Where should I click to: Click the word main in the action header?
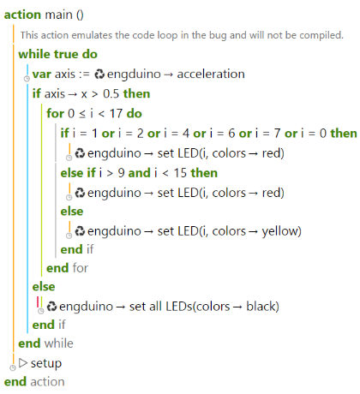tap(59, 15)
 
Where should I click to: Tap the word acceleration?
tap(211, 74)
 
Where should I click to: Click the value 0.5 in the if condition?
tap(111, 93)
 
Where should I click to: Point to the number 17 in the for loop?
tap(116, 114)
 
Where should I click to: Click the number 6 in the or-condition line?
tap(231, 134)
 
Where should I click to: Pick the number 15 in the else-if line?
tap(180, 173)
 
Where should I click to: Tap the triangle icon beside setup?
tap(23, 363)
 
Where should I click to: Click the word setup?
tap(46, 363)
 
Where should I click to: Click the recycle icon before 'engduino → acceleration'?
tap(99, 75)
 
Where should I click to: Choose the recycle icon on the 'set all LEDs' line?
tap(51, 307)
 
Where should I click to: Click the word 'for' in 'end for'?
tap(81, 268)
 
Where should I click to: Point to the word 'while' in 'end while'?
tap(59, 343)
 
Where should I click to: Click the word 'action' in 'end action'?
tap(47, 382)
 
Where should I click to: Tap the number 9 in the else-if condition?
tap(121, 173)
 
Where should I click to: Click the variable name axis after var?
tap(65, 75)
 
